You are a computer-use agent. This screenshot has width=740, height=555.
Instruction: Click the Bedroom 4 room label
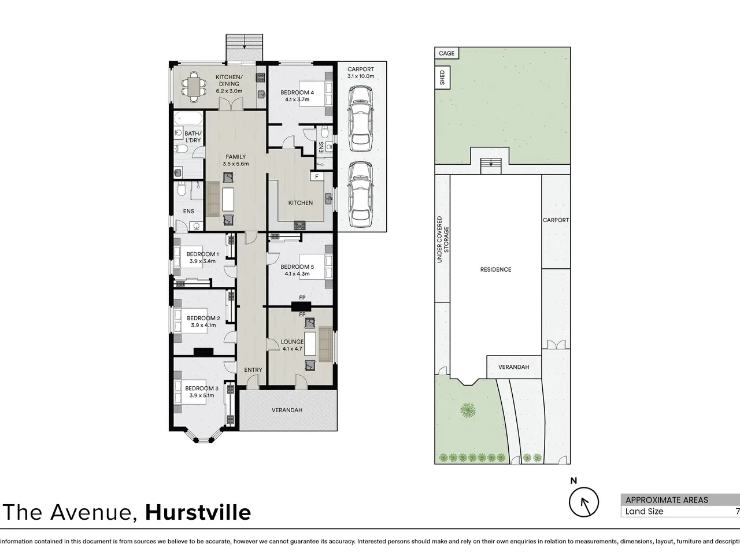[297, 92]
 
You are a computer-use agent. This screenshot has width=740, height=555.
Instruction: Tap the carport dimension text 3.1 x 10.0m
[361, 76]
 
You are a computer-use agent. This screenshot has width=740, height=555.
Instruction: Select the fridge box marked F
[317, 176]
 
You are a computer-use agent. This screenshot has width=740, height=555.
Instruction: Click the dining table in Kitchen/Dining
[194, 87]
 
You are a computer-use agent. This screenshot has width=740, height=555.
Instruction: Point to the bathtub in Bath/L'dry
[188, 119]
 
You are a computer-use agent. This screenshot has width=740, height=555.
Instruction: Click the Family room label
[236, 157]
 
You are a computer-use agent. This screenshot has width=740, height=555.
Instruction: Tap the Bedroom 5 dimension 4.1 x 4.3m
[297, 273]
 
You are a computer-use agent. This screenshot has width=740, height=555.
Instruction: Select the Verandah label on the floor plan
[287, 410]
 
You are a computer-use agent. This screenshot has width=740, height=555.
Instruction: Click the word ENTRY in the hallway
[253, 369]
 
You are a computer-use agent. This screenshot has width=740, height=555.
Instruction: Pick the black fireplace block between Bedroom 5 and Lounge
[301, 306]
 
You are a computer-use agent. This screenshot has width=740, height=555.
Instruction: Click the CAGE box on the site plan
[447, 53]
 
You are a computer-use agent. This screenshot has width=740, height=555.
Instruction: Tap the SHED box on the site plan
[442, 77]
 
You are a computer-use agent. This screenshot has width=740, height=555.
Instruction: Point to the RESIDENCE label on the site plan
[495, 269]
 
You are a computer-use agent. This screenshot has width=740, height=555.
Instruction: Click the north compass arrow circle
[584, 502]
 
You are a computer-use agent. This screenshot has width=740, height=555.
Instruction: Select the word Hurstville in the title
[198, 512]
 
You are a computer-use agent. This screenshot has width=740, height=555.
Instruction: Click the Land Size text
[644, 511]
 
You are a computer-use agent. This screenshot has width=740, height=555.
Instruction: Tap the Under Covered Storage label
[443, 239]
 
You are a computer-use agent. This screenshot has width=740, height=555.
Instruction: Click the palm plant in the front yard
[468, 410]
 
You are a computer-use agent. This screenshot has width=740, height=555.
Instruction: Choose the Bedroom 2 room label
[203, 318]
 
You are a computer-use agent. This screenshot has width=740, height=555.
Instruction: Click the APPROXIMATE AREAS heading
[667, 499]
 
